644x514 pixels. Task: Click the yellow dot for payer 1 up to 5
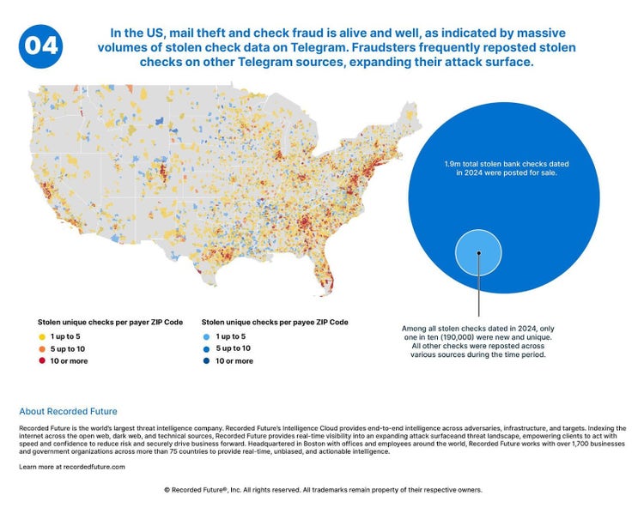[x=41, y=337]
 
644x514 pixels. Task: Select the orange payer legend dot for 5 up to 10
[x=41, y=349]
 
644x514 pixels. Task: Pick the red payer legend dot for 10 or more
[x=41, y=361]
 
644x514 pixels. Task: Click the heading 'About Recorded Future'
[x=68, y=411]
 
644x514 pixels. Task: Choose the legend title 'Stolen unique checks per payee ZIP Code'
[x=274, y=323]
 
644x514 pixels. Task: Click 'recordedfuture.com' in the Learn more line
[x=93, y=467]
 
